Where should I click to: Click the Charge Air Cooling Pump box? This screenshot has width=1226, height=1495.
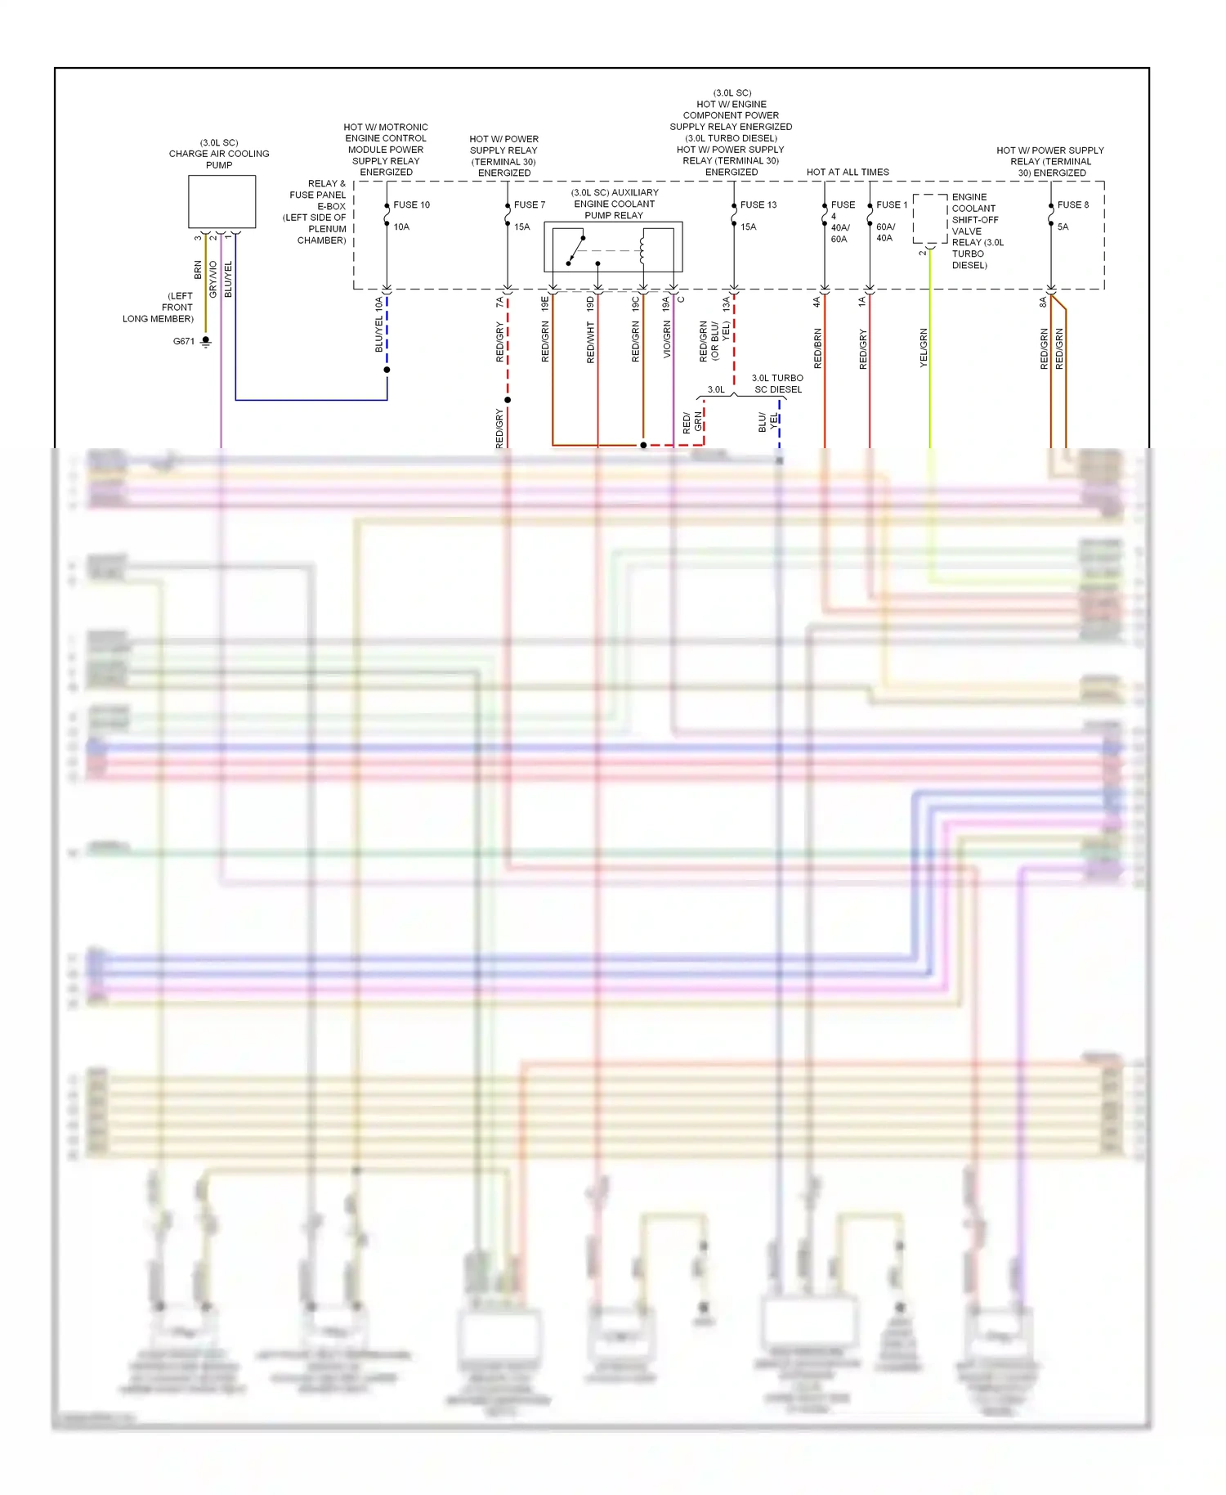[221, 201]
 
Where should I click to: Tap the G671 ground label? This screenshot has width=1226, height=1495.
[184, 341]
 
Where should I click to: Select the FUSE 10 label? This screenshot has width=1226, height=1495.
[411, 204]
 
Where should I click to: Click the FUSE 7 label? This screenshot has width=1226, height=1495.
[529, 204]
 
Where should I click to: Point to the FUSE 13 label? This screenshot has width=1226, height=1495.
[758, 204]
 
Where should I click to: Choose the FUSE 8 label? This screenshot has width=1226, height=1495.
[1072, 204]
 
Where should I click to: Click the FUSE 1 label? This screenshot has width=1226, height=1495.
[892, 204]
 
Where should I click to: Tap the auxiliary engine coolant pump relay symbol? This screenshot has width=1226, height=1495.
[613, 246]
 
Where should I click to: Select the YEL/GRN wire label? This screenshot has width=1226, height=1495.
[924, 348]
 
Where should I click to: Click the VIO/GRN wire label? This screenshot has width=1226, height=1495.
[667, 339]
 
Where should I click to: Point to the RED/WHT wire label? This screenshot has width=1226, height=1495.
[591, 342]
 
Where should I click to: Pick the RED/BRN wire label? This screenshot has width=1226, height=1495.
[818, 348]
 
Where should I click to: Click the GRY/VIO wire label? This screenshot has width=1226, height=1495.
[213, 279]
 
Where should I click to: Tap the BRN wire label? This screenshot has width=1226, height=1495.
[198, 270]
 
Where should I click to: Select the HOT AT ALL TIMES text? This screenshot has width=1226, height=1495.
[848, 172]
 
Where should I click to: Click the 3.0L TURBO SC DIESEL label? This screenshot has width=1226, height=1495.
[777, 384]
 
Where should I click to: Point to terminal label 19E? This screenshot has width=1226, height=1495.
[545, 303]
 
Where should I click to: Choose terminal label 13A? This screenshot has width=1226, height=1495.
[727, 303]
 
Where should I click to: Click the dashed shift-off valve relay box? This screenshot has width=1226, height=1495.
[930, 219]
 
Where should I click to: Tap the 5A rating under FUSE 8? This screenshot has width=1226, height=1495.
[1063, 227]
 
